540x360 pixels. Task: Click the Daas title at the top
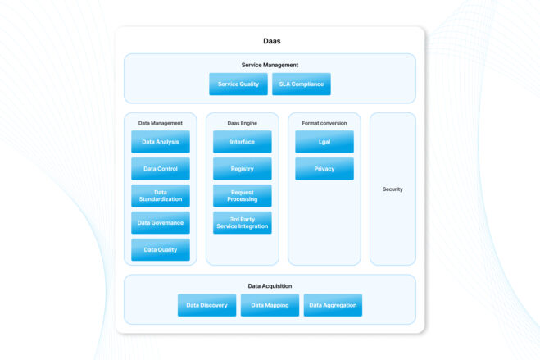tap(270, 40)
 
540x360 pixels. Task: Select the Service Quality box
tap(238, 84)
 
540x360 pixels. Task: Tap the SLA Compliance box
tap(301, 84)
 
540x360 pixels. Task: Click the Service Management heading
tap(270, 65)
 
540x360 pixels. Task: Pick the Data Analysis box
tap(160, 142)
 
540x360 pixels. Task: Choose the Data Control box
tap(160, 169)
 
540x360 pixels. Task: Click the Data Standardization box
tap(160, 196)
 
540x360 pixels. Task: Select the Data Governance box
tap(160, 223)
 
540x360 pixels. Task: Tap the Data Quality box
tap(160, 250)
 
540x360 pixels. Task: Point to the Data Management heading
tap(160, 123)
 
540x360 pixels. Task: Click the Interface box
tap(242, 142)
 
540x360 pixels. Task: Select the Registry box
tap(242, 169)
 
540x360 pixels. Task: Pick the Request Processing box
tap(242, 196)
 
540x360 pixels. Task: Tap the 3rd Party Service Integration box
tap(242, 223)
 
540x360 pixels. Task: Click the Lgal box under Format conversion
tap(324, 142)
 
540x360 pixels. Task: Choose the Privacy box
tap(324, 169)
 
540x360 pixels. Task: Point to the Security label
tap(393, 189)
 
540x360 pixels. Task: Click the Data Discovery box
tap(206, 305)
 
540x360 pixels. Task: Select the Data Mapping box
tap(270, 305)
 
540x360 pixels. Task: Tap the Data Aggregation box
tap(332, 305)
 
